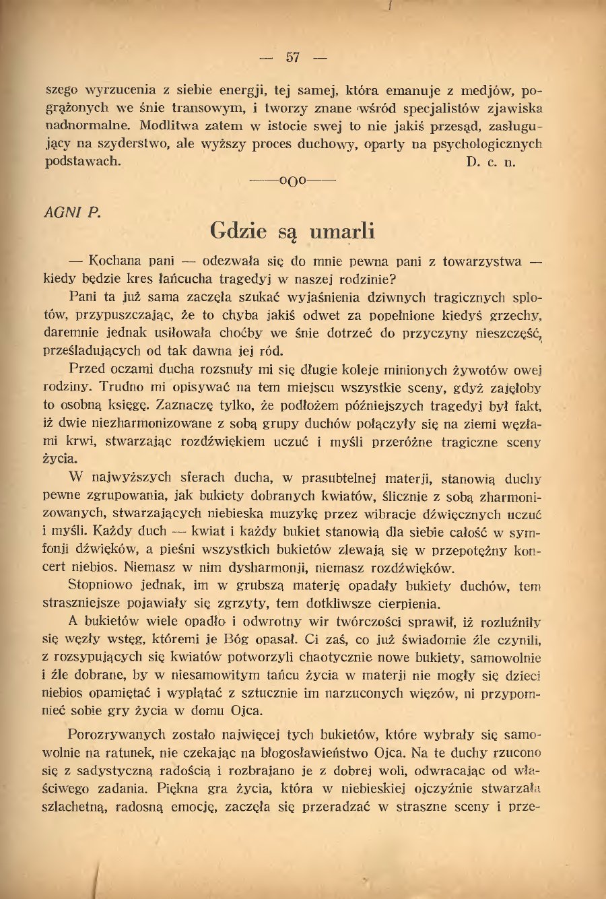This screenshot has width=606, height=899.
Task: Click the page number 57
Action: (x=293, y=57)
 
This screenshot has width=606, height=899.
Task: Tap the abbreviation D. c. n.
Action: (x=491, y=162)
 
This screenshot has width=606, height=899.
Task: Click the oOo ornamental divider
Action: (x=292, y=180)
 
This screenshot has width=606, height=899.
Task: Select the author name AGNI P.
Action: (x=72, y=212)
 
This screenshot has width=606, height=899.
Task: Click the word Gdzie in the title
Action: (x=239, y=231)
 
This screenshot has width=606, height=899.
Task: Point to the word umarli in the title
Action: (x=342, y=231)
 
